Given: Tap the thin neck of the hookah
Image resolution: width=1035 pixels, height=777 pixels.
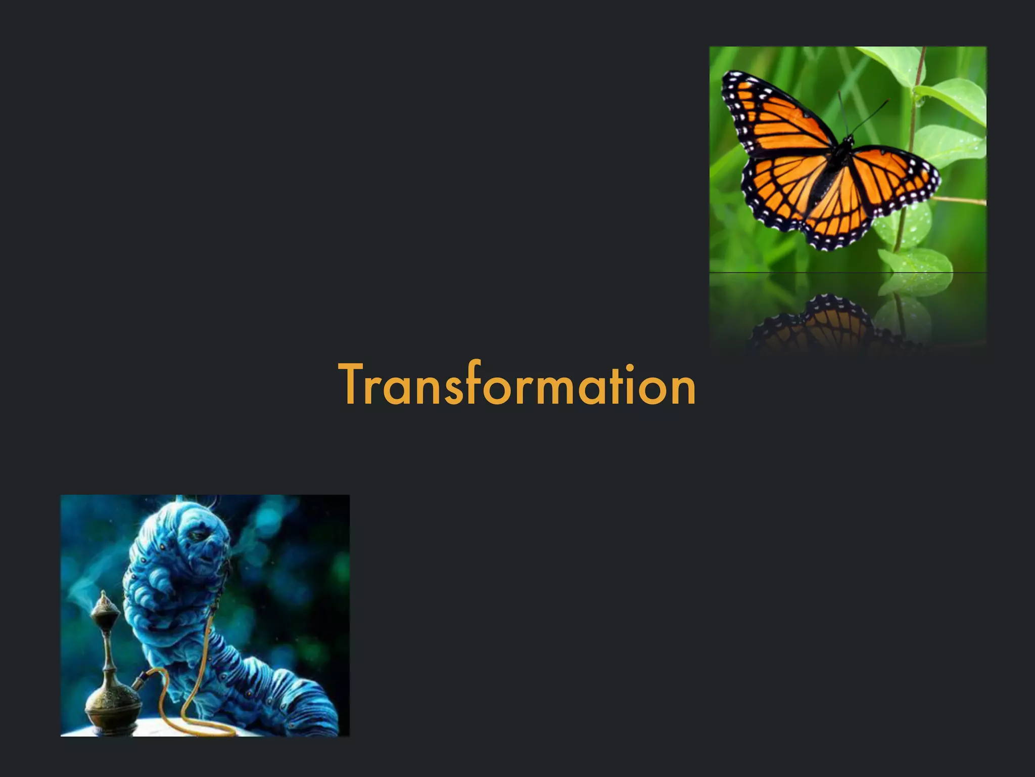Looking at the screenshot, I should coord(108,653).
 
